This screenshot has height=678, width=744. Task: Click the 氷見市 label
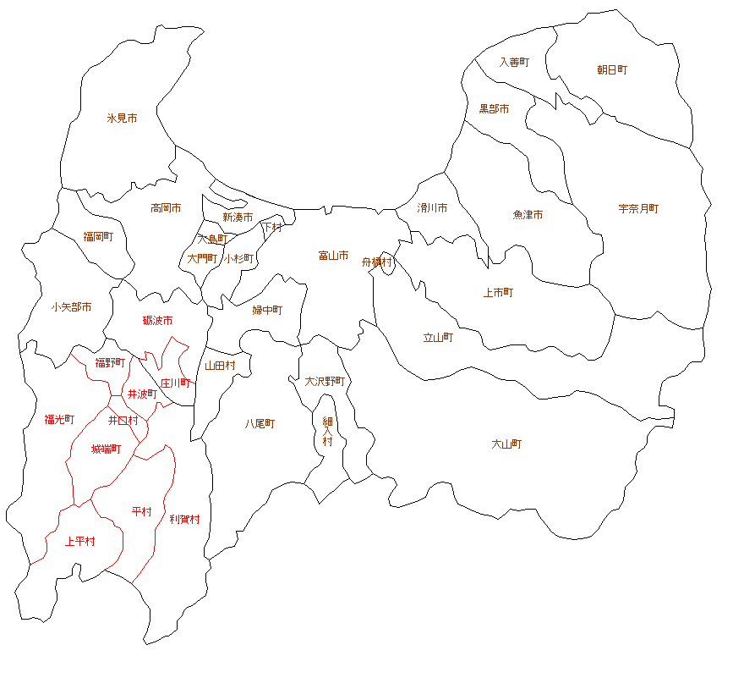pos(122,119)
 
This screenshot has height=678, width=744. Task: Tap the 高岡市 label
pos(166,207)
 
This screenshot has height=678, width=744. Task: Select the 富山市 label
pos(333,255)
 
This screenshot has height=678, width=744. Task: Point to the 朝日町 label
pos(612,69)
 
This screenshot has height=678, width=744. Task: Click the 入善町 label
pos(513,62)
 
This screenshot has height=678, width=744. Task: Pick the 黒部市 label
pos(494,108)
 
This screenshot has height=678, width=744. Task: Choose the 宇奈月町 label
pos(638,208)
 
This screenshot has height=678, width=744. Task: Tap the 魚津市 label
pos(528,214)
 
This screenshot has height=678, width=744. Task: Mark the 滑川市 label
pos(432,207)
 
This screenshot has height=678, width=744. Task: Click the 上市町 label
pos(498,292)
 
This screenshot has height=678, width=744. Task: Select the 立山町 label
pos(438,337)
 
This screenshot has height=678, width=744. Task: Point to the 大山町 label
pos(506,444)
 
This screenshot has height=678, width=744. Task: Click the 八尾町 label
pos(260,423)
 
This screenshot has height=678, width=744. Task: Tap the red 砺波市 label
pos(157,320)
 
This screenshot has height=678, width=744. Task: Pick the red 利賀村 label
pos(184,519)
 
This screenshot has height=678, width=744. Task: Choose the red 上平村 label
pos(80,541)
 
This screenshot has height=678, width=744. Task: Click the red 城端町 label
pos(106,449)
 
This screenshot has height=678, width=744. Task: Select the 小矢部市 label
pos(71,306)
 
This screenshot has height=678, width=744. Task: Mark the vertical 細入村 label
pos(327,431)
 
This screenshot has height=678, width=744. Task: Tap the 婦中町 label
pos(267,310)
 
